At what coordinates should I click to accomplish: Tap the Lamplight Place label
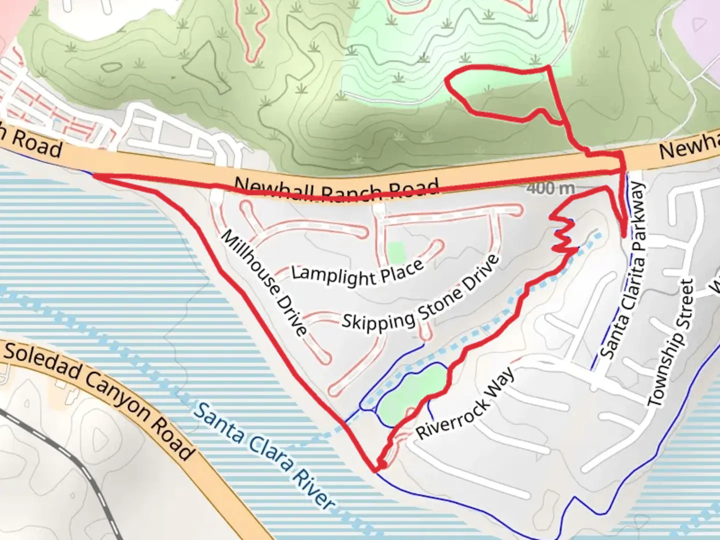point(357,272)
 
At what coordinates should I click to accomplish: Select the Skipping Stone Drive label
point(420,293)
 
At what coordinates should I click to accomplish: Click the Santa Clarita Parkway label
point(623,270)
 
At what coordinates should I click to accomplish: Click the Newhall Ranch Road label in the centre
point(336,189)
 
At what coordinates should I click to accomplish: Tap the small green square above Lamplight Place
point(396,252)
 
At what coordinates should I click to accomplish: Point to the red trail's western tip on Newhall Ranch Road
point(95,175)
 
